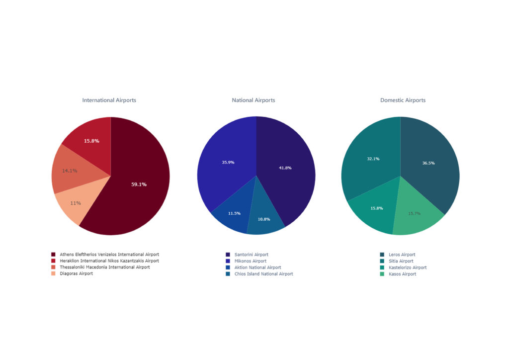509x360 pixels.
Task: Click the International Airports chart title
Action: [109, 100]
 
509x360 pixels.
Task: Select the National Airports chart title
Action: [253, 100]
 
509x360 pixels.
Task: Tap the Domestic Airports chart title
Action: [403, 100]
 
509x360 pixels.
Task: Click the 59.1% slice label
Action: [139, 184]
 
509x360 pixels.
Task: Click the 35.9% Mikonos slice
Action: [228, 163]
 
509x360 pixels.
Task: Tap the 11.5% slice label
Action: [234, 213]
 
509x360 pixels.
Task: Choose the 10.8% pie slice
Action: [263, 219]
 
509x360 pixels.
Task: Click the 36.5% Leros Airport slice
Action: [428, 163]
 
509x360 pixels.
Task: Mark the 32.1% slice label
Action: [373, 159]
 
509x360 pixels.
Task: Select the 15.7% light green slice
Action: [414, 214]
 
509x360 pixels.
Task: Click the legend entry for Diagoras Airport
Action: [76, 273]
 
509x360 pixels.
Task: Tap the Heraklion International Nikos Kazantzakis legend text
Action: [109, 261]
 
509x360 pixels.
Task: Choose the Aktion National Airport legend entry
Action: [257, 268]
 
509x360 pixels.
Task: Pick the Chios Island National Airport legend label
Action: [263, 274]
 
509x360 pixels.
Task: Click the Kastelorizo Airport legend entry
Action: [407, 268]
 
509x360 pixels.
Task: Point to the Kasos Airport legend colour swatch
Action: [382, 274]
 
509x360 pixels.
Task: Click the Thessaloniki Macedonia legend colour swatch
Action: [53, 267]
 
